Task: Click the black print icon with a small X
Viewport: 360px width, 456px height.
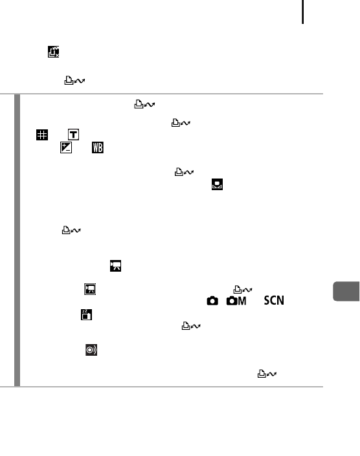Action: pyautogui.click(x=54, y=52)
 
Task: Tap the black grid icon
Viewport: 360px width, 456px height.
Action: pyautogui.click(x=42, y=135)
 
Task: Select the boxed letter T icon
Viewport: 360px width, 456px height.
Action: pyautogui.click(x=73, y=135)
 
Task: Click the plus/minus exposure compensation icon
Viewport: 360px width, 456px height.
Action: pyautogui.click(x=66, y=147)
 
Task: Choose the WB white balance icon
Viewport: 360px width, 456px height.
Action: pyautogui.click(x=98, y=147)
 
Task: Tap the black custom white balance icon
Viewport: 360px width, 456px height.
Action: pyautogui.click(x=217, y=184)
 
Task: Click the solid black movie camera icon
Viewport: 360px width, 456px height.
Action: pyautogui.click(x=115, y=266)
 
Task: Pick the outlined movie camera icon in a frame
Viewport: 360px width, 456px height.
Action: pyautogui.click(x=90, y=289)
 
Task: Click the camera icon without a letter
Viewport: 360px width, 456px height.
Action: pyautogui.click(x=212, y=301)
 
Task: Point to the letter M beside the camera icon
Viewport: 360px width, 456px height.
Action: pyautogui.click(x=242, y=301)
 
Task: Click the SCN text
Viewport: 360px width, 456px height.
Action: pyautogui.click(x=274, y=300)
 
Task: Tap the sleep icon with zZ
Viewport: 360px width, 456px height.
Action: pyautogui.click(x=86, y=314)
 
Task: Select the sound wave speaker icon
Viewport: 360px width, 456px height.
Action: pyautogui.click(x=91, y=350)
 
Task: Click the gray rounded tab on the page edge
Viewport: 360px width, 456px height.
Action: pyautogui.click(x=346, y=291)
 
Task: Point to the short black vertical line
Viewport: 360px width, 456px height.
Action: pyautogui.click(x=303, y=12)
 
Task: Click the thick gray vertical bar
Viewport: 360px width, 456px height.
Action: pyautogui.click(x=17, y=240)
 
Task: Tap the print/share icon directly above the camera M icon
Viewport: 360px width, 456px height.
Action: pyautogui.click(x=243, y=290)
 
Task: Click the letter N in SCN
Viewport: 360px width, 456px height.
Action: pyautogui.click(x=280, y=300)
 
